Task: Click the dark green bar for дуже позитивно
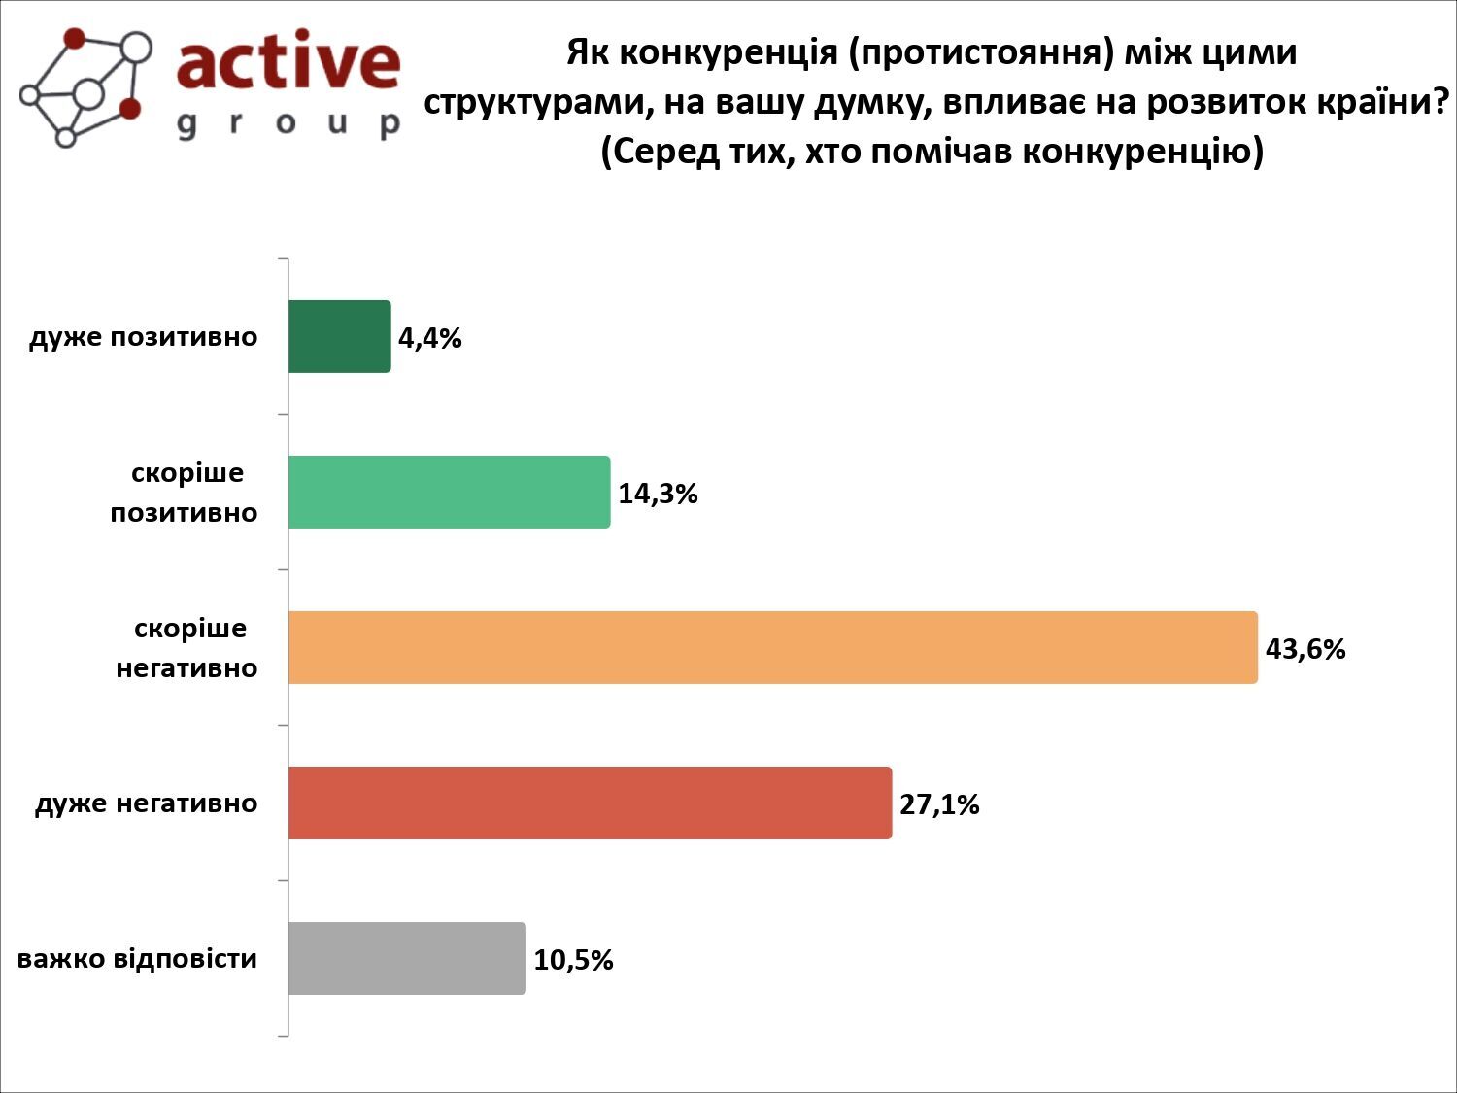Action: [x=339, y=336]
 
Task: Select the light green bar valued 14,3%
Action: [x=449, y=492]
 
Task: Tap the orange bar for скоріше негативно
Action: [x=772, y=647]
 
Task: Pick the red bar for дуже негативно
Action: [x=590, y=803]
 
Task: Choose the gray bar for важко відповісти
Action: [x=406, y=958]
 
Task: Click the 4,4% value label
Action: [x=429, y=338]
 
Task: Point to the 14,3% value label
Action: [x=658, y=494]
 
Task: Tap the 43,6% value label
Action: [x=1305, y=649]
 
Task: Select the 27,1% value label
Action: [x=938, y=804]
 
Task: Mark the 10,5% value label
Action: [x=573, y=960]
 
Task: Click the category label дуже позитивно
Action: [x=144, y=337]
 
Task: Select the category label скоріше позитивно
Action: [x=185, y=493]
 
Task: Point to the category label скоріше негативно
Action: [x=187, y=648]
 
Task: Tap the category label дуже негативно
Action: [x=147, y=803]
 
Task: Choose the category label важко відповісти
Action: [x=138, y=959]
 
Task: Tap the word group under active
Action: [x=288, y=123]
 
